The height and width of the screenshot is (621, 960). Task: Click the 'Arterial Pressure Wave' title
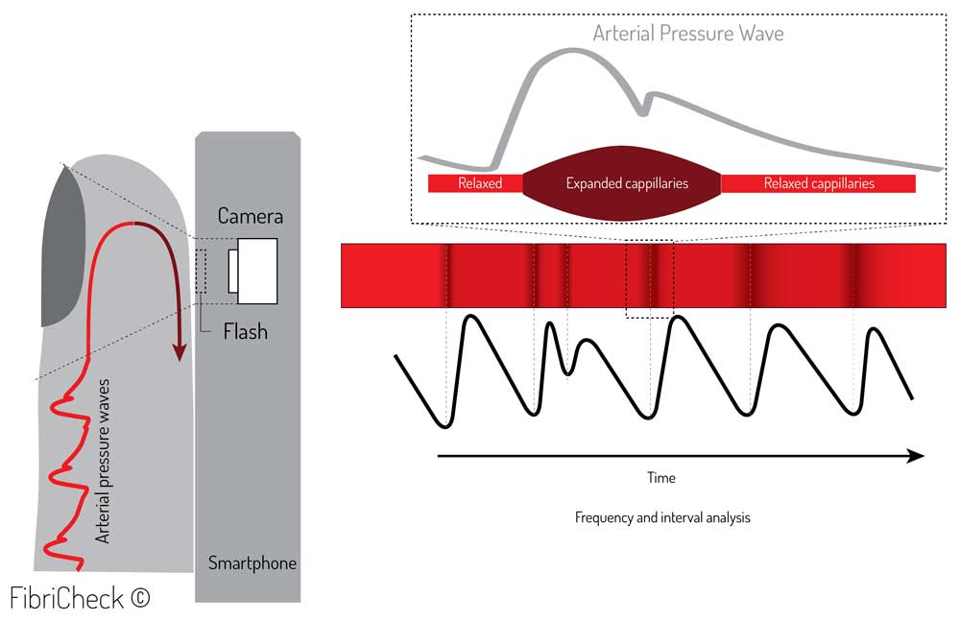coord(688,34)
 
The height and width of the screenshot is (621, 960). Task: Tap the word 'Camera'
coord(251,215)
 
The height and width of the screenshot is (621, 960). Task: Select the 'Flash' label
coord(245,332)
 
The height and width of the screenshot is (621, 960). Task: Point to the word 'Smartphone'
coord(252,563)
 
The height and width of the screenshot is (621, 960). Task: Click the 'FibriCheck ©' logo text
coord(81,597)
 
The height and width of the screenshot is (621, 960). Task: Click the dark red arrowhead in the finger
coord(179,352)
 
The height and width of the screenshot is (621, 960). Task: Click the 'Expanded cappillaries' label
coord(627,183)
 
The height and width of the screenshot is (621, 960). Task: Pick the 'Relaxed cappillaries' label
coord(819,183)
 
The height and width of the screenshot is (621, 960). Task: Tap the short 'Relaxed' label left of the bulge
coord(479,183)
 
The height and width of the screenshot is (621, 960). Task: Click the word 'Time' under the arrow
coord(660,478)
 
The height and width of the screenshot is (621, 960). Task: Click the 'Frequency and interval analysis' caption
coord(662,517)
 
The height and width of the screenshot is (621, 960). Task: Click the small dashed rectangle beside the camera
coord(201,271)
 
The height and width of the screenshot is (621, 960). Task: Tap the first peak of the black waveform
coord(470,319)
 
